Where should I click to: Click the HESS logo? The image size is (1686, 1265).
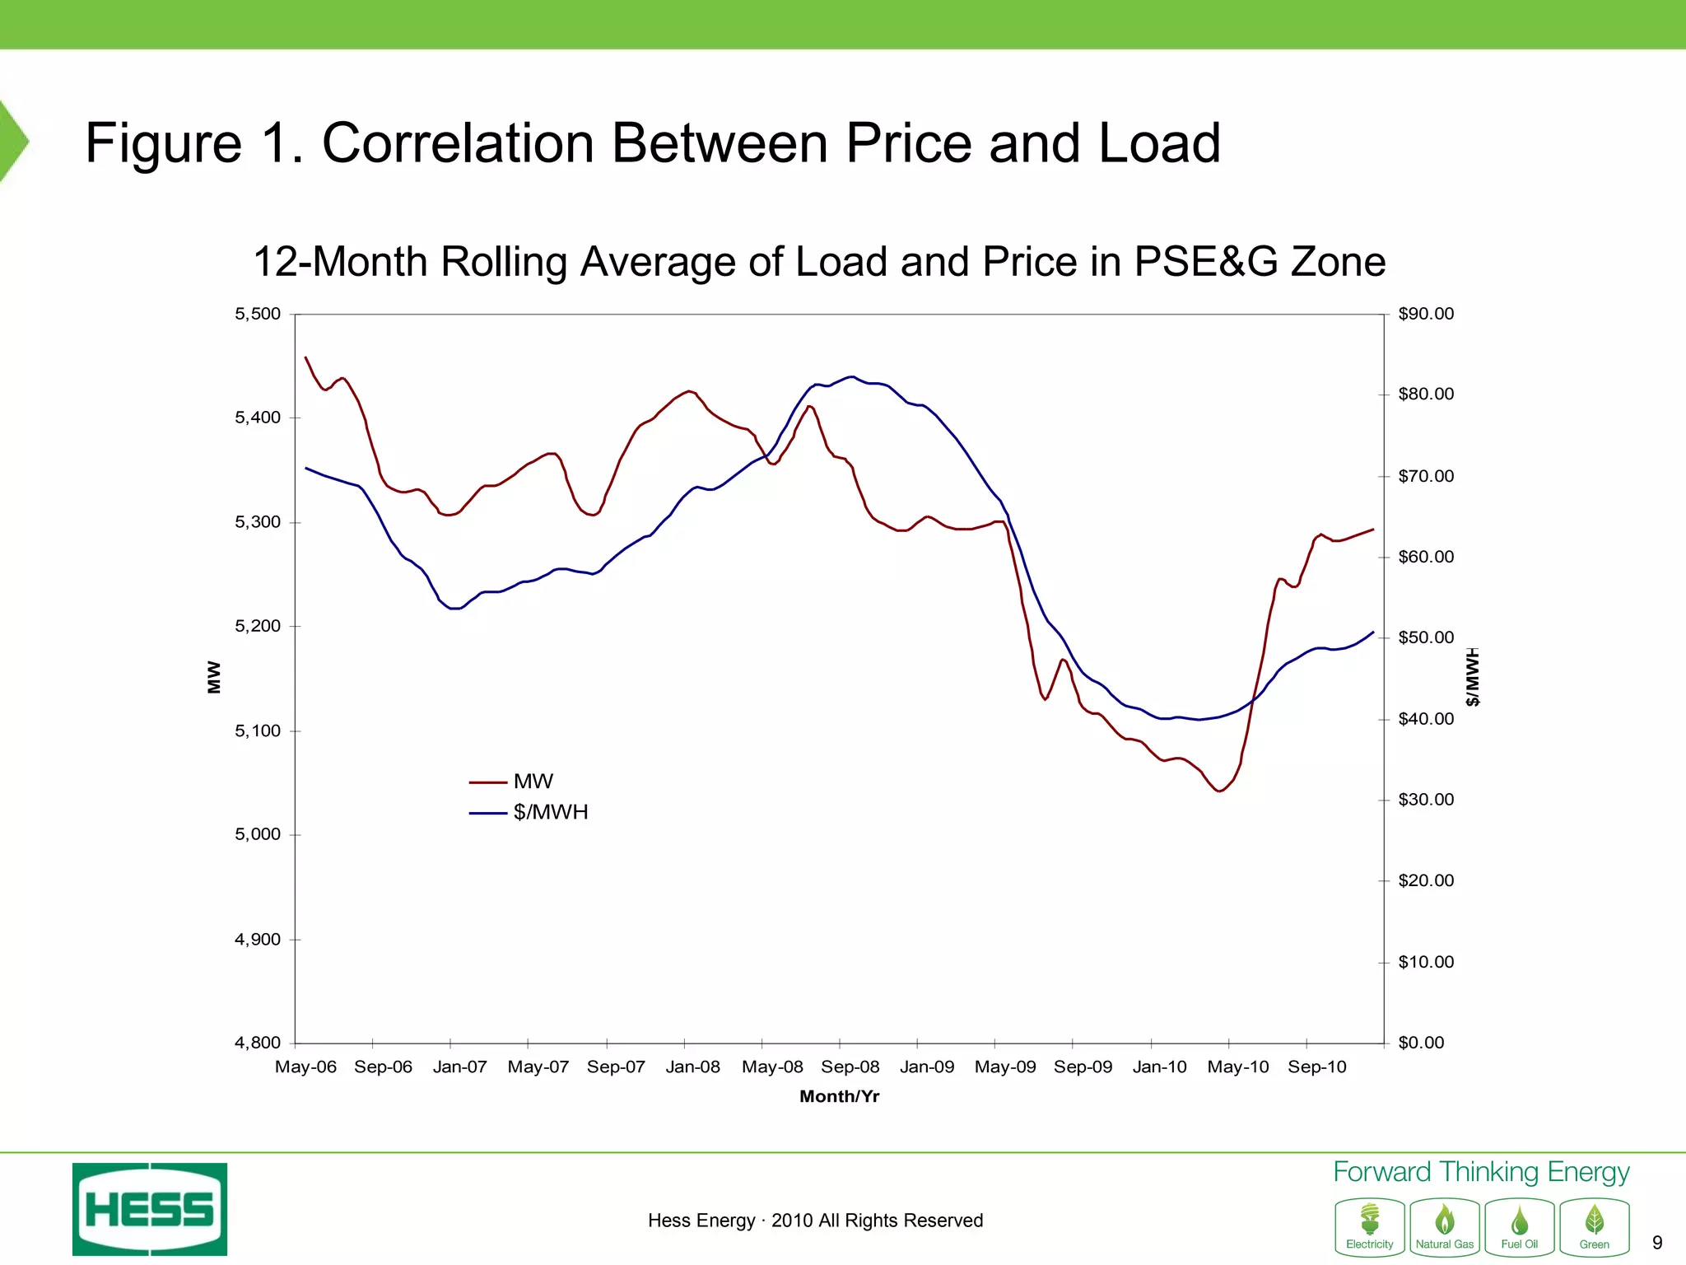(150, 1209)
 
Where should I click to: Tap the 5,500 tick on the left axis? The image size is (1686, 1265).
(258, 314)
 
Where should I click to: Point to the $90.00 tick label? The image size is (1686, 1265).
(1426, 314)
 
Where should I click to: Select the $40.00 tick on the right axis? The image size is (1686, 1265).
(1426, 719)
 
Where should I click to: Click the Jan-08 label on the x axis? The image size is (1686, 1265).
(692, 1067)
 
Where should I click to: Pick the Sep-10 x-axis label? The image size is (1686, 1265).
(1316, 1067)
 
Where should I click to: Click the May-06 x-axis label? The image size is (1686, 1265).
(305, 1067)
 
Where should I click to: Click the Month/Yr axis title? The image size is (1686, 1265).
(839, 1096)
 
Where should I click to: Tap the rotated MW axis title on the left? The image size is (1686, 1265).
(214, 677)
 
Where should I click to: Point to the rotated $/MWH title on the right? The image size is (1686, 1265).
(1473, 677)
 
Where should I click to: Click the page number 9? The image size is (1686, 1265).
(1657, 1243)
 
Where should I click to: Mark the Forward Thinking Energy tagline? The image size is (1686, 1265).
(1480, 1172)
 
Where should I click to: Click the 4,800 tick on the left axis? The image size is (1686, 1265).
(258, 1043)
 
